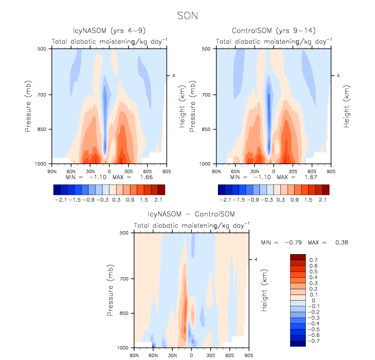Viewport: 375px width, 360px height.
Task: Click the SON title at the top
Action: tap(187, 16)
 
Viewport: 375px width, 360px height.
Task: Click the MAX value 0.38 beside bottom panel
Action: tap(341, 242)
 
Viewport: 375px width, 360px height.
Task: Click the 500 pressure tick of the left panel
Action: tap(43, 49)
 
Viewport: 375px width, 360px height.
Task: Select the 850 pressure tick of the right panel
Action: tap(207, 129)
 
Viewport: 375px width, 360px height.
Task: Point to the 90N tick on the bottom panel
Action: tap(134, 354)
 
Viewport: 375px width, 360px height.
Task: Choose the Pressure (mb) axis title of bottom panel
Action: tap(111, 290)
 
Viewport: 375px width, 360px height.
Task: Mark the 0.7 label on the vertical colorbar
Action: tap(314, 260)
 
